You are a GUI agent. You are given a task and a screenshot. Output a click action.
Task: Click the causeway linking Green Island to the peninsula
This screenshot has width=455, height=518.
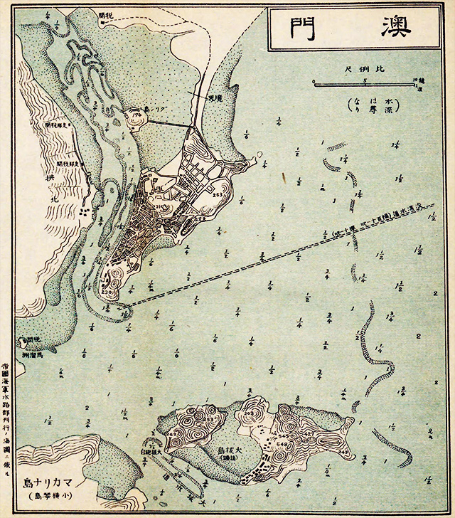[169, 124]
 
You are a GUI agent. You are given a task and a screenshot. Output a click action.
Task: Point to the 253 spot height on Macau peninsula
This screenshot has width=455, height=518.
[217, 194]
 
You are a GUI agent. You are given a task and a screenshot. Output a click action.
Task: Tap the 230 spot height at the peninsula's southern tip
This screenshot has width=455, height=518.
[108, 292]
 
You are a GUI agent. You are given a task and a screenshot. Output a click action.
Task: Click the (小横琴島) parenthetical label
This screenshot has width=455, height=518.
[56, 495]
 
